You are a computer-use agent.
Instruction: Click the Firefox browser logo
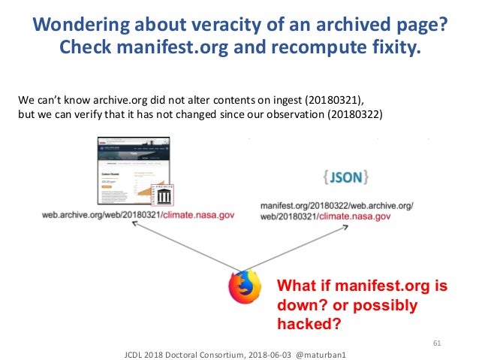(245, 286)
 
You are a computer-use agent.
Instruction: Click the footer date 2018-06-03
(259, 352)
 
